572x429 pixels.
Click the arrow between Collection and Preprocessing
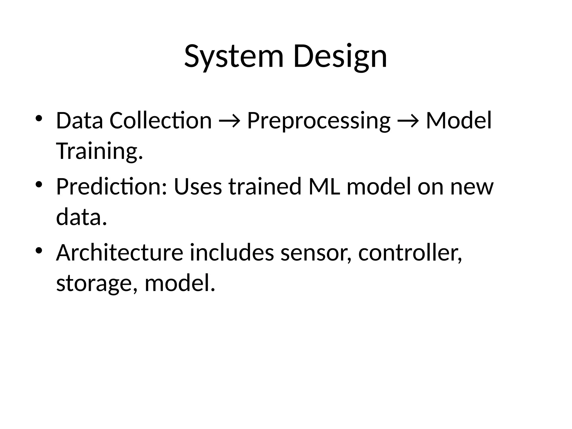coord(229,121)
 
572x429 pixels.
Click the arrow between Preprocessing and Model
coord(408,121)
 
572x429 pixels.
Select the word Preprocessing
coord(318,121)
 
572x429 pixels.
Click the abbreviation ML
coord(324,187)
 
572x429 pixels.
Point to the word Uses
coord(198,187)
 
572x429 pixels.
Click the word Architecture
coord(120,253)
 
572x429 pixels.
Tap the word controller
coord(410,253)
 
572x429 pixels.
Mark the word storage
coord(97,283)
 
